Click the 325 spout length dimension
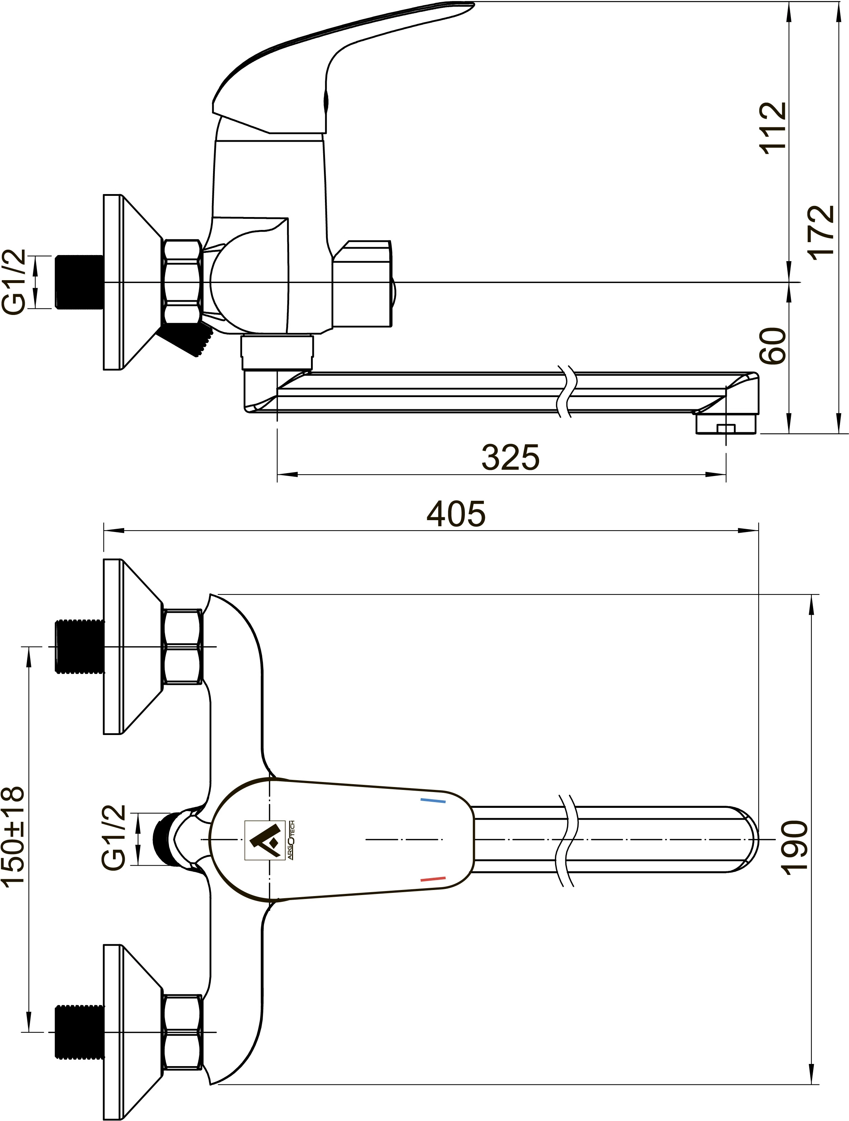coord(510,458)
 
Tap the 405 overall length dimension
coord(456,514)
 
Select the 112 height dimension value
coord(773,128)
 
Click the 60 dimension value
coord(773,345)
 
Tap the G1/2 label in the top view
coord(114,838)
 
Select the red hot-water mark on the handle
coord(433,879)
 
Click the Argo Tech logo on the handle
coord(269,840)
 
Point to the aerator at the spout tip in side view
coord(725,424)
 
